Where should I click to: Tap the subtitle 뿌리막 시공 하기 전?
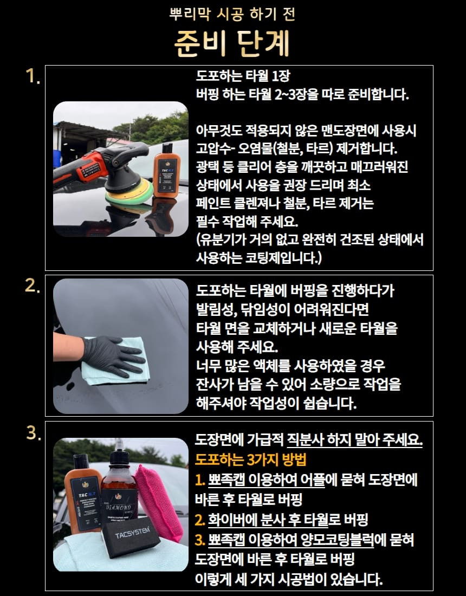(x=232, y=14)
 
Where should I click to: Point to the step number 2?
(x=33, y=286)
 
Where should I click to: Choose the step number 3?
(x=34, y=432)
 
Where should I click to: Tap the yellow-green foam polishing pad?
(x=129, y=192)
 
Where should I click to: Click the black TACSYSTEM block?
(x=131, y=536)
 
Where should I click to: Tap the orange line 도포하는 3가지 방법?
(x=250, y=459)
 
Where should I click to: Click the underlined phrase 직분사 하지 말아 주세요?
(x=354, y=440)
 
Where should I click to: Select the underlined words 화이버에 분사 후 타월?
(x=268, y=520)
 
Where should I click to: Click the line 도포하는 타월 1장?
(x=243, y=76)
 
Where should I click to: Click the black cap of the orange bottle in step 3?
(x=81, y=461)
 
